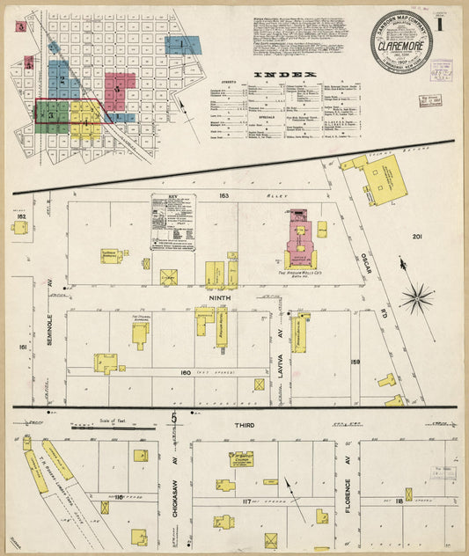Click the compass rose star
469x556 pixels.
tap(415, 297)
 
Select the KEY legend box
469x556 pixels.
tap(172, 221)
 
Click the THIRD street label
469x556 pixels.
tap(244, 425)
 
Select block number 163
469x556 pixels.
tap(224, 195)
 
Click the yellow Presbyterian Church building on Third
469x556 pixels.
tap(241, 458)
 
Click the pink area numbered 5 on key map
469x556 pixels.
tap(120, 88)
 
